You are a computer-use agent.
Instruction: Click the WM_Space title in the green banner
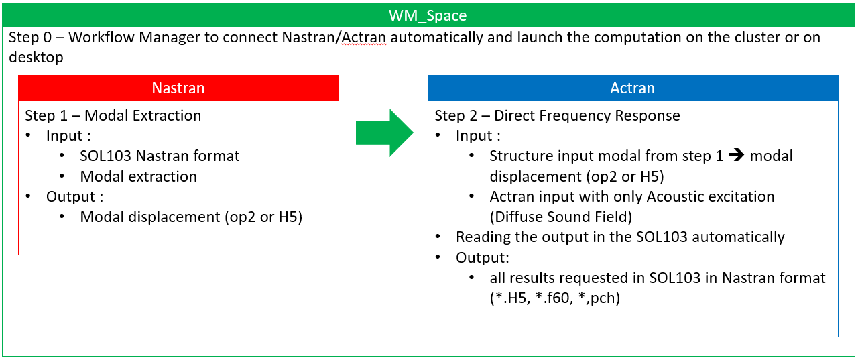click(x=428, y=15)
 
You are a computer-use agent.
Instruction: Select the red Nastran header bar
click(x=178, y=88)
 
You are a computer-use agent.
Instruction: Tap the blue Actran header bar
click(x=632, y=88)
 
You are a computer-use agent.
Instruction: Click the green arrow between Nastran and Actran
click(x=384, y=133)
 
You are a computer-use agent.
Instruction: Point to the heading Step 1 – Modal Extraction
click(x=113, y=115)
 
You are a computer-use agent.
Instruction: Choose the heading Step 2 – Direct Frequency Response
click(x=557, y=115)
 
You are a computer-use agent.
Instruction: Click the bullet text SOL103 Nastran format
click(x=160, y=156)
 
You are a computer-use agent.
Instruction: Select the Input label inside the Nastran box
click(x=68, y=136)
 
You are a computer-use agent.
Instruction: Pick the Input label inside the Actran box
click(x=477, y=136)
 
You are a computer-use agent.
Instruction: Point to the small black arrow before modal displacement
click(x=736, y=156)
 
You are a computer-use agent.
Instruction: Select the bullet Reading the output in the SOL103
click(x=619, y=237)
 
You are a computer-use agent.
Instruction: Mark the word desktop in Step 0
click(x=36, y=57)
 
